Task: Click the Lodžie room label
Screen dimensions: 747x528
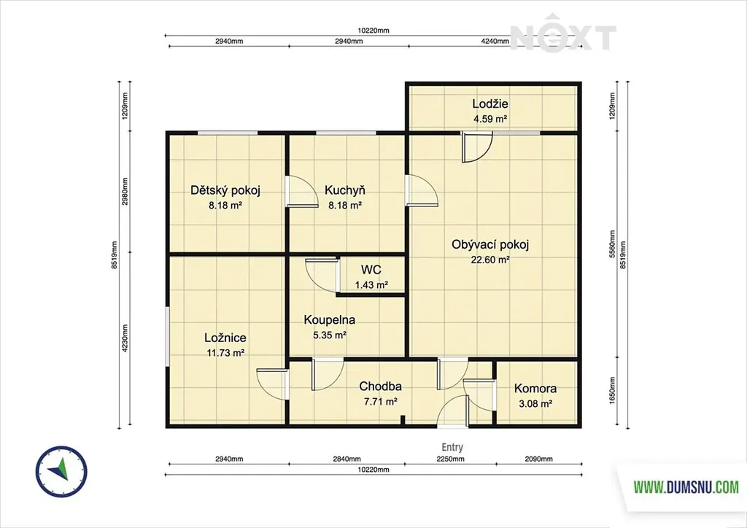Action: [x=489, y=104]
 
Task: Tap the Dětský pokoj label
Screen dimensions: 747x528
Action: [x=225, y=190]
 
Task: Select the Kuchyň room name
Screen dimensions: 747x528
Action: [x=345, y=190]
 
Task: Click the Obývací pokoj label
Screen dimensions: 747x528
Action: [x=490, y=245]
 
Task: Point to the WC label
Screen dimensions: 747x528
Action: [x=371, y=270]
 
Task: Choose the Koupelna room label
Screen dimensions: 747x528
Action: [x=330, y=320]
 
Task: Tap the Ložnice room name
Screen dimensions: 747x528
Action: [x=225, y=338]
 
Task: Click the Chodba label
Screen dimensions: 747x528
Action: [x=380, y=386]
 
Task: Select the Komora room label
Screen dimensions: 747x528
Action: [x=535, y=389]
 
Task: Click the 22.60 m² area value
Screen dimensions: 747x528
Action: [x=490, y=260]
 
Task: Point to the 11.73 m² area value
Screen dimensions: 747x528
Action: [x=225, y=353]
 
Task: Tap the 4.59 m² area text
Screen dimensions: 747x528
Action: [x=489, y=119]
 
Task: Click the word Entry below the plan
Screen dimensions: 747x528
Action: [x=452, y=447]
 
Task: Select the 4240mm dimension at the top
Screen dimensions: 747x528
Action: [x=495, y=42]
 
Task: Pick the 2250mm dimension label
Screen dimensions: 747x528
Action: [x=450, y=459]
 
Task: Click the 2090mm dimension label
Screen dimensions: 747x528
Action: [x=539, y=459]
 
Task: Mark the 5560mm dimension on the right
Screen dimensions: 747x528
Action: [x=612, y=244]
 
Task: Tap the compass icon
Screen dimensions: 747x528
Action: [x=61, y=471]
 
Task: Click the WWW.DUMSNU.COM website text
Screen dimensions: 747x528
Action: [x=686, y=487]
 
